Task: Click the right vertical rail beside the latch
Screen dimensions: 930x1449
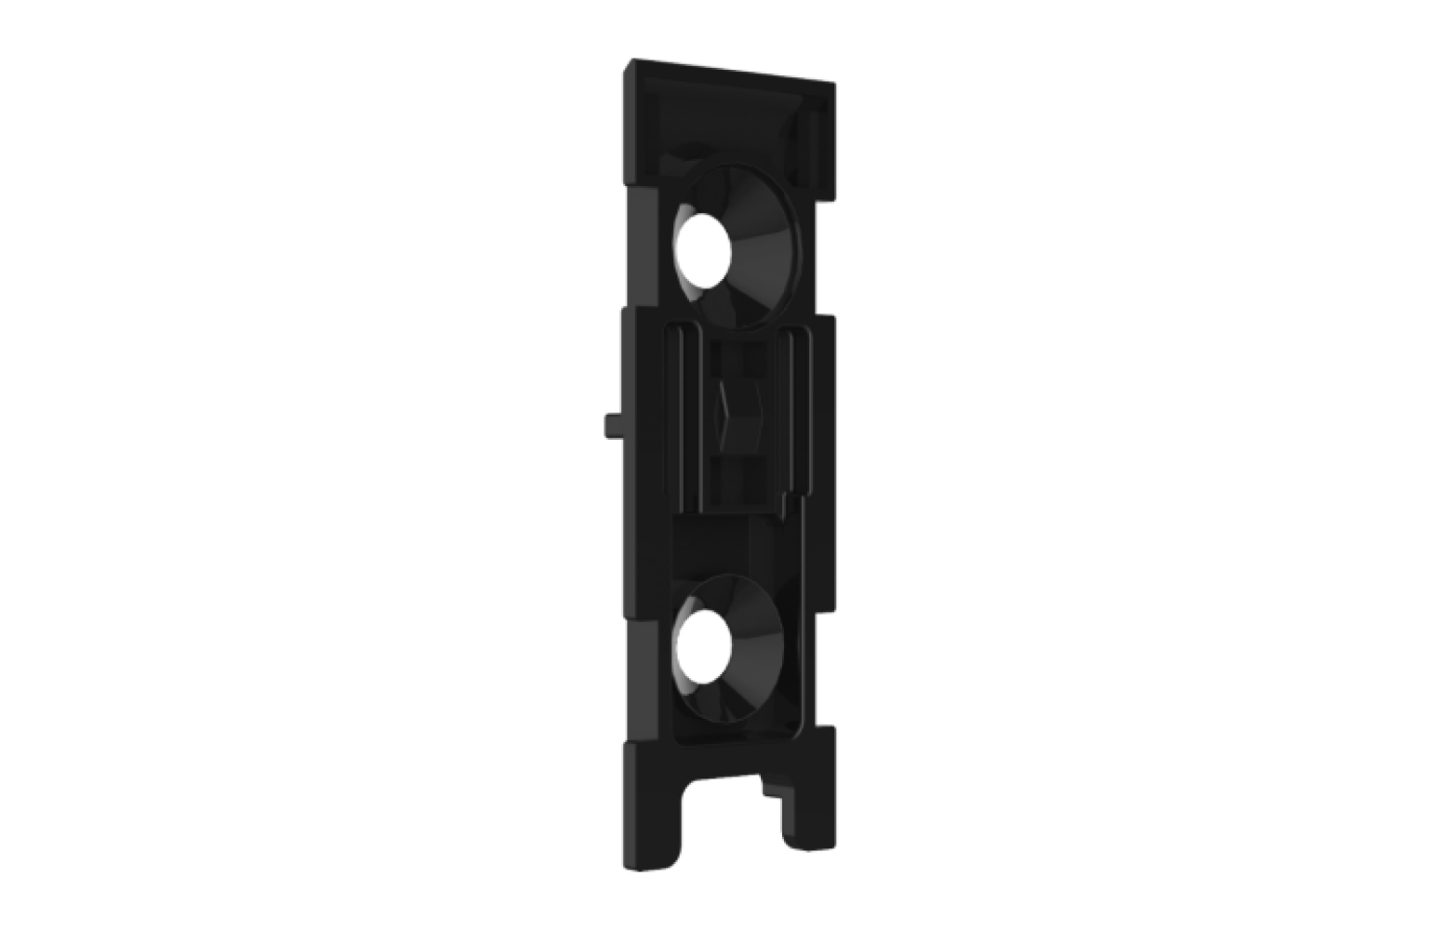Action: point(795,409)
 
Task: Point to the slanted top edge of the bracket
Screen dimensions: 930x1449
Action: point(735,73)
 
